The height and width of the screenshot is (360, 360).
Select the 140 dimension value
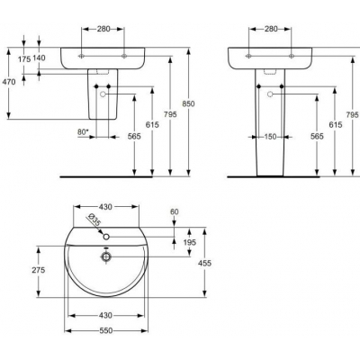(x=39, y=57)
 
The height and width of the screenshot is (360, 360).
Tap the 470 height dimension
(x=8, y=82)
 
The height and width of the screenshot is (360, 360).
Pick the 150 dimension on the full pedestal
(x=270, y=139)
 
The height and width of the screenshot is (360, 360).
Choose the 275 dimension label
(x=39, y=269)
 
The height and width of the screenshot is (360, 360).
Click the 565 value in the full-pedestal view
(x=317, y=136)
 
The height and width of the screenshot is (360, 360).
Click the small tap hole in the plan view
(x=106, y=238)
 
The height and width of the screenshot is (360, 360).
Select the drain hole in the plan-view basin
(x=106, y=256)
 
